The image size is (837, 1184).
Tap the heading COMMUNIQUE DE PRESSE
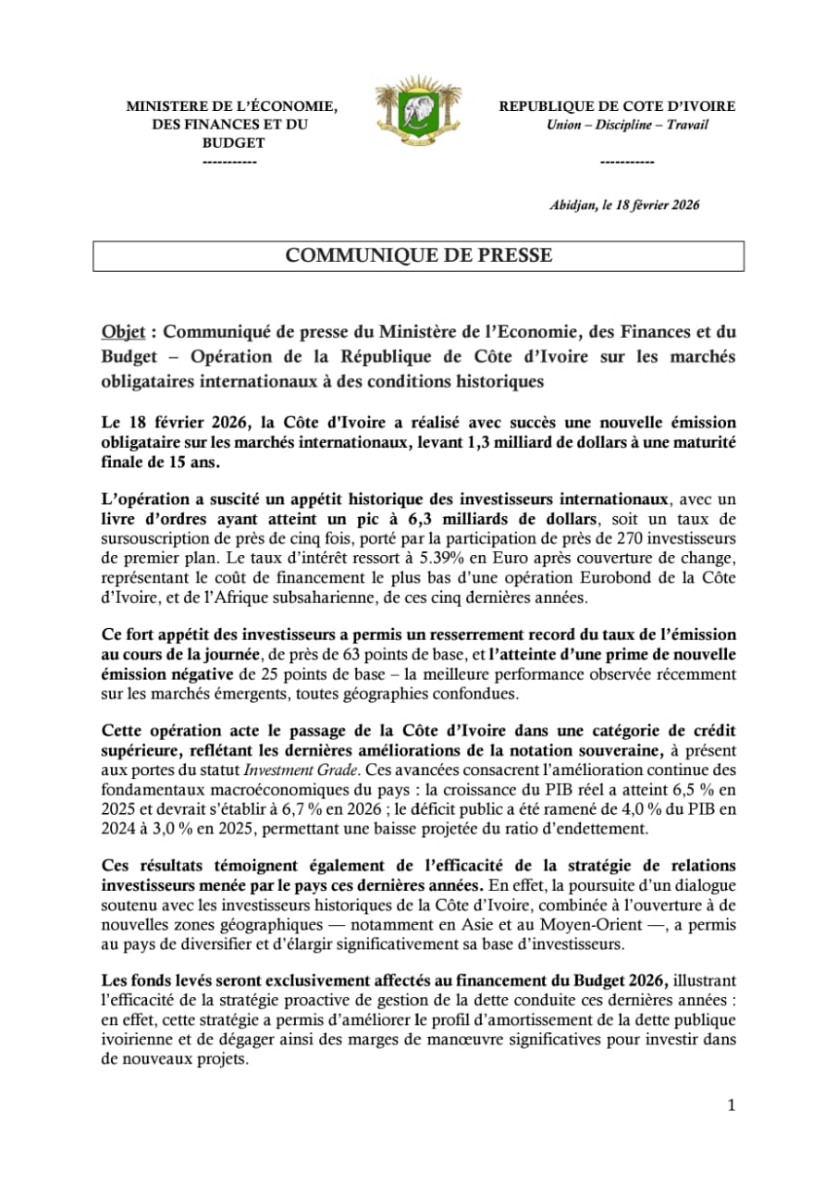tap(418, 256)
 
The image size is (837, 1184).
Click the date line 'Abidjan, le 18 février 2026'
tap(624, 205)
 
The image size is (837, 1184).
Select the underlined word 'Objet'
tap(120, 331)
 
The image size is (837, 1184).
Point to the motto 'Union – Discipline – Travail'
tap(627, 125)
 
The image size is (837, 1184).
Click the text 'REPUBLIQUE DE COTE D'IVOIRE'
tap(618, 107)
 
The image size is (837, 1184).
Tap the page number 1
tap(731, 1105)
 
